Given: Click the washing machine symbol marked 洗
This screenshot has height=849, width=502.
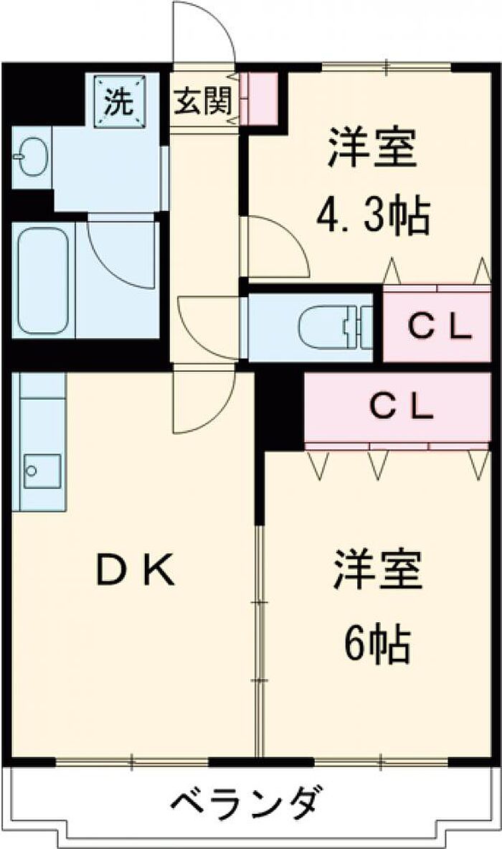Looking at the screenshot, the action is pos(120,101).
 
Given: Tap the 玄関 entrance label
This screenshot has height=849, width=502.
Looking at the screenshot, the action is pos(203,100).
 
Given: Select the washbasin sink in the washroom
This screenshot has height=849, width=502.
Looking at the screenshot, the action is pos(29,158).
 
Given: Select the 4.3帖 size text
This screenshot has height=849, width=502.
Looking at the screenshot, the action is pos(373,215).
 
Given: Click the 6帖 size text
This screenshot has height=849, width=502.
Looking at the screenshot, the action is pos(376,644).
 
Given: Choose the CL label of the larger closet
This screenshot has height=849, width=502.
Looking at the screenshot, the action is pos(402,406).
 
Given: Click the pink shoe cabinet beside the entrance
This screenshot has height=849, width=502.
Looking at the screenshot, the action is pos(259,98).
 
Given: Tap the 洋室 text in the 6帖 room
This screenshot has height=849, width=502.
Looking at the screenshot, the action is pos(377,570).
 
